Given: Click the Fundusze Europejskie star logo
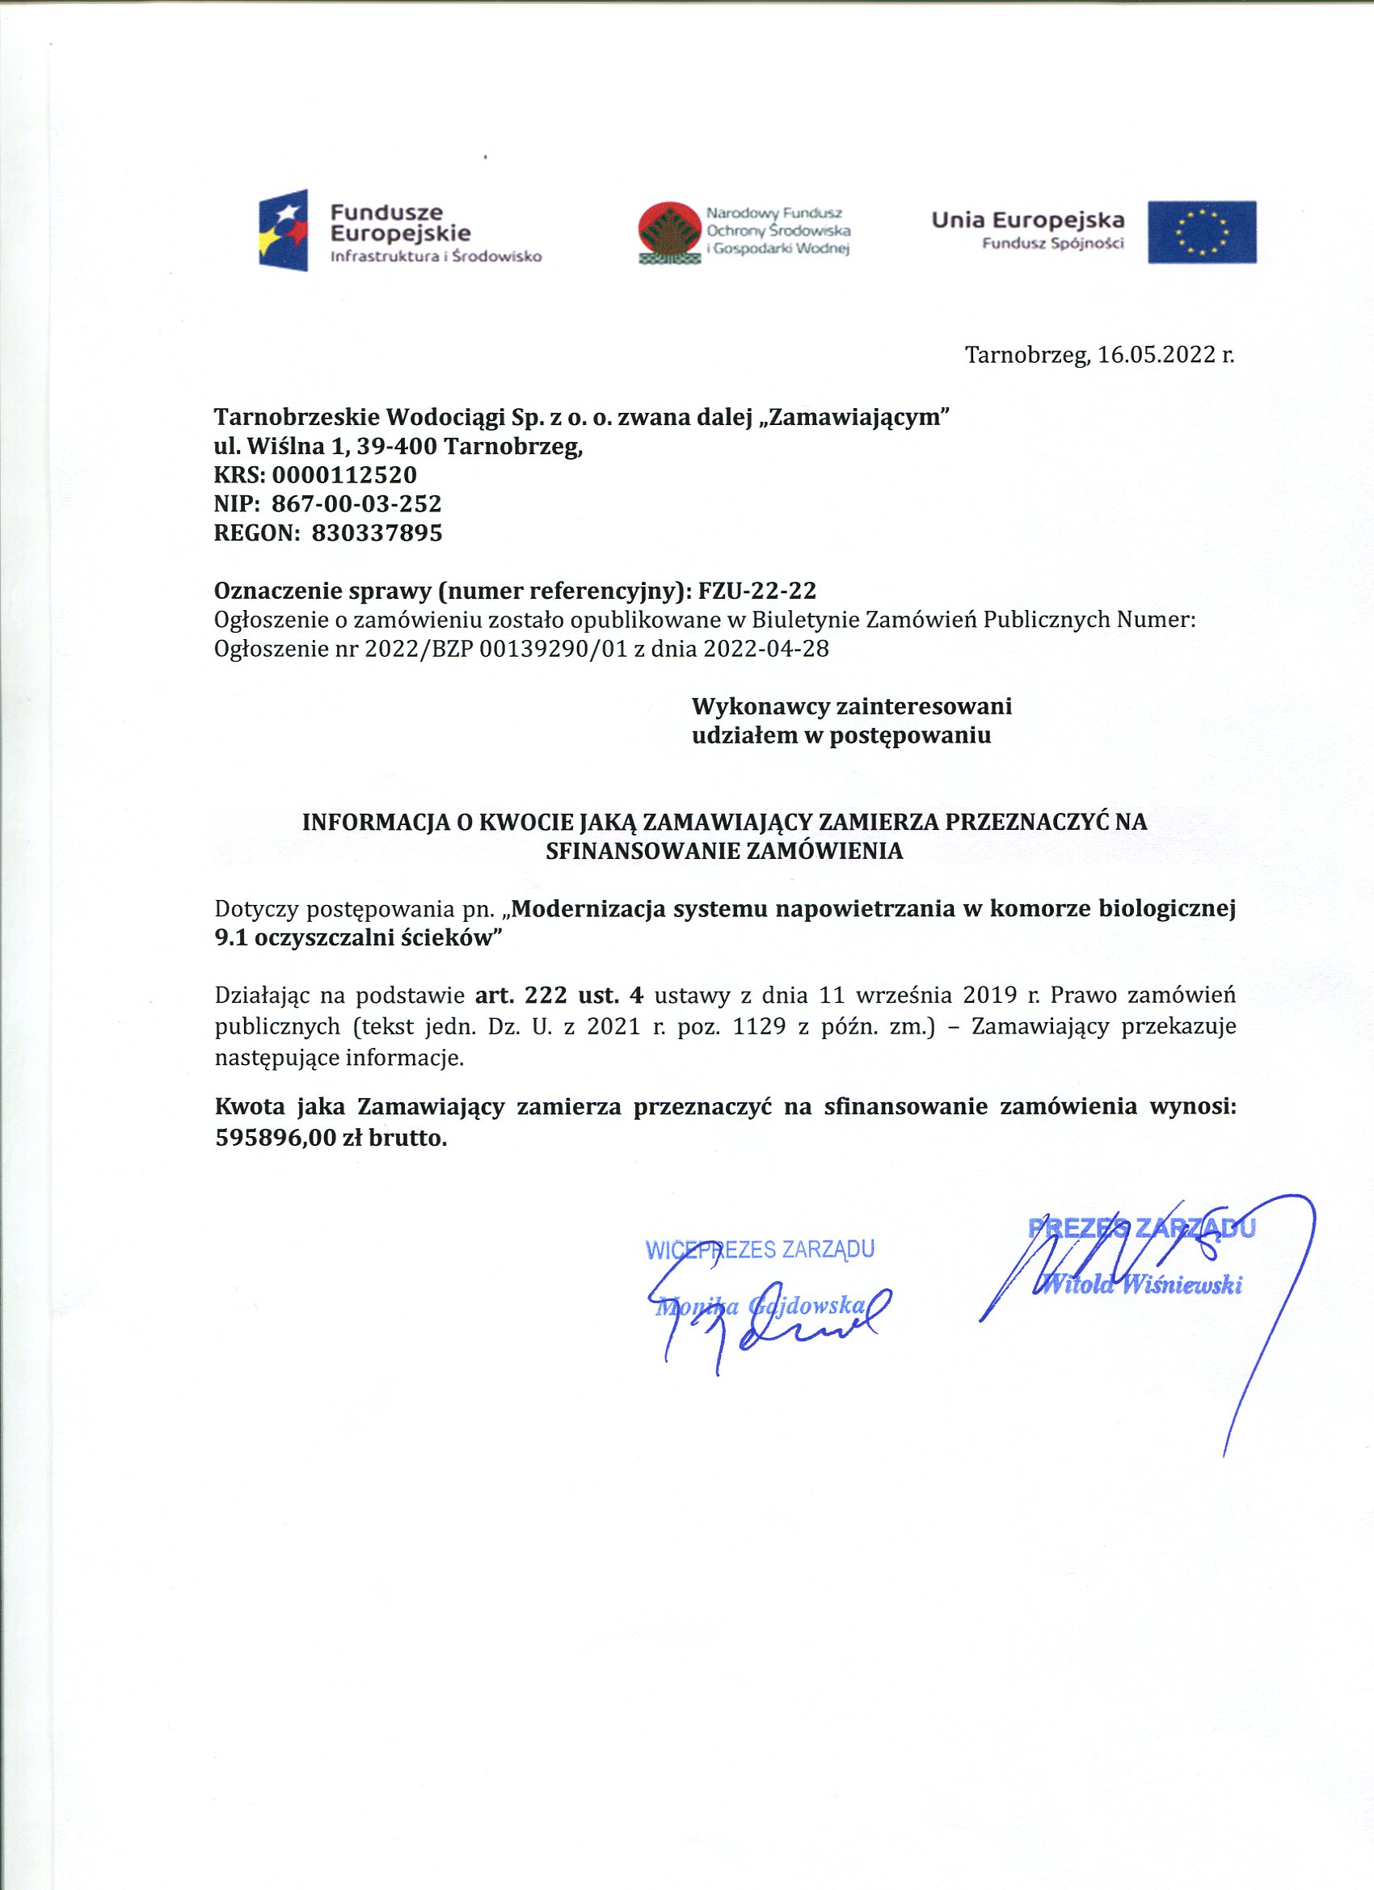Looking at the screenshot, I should [284, 229].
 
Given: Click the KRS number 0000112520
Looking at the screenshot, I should [344, 475].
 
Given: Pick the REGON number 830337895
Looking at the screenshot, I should [377, 532].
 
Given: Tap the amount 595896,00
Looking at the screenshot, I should [275, 1138].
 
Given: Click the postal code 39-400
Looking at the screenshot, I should [397, 447].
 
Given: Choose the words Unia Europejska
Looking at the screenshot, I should [1028, 221].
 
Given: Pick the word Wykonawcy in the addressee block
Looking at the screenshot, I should [760, 707].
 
